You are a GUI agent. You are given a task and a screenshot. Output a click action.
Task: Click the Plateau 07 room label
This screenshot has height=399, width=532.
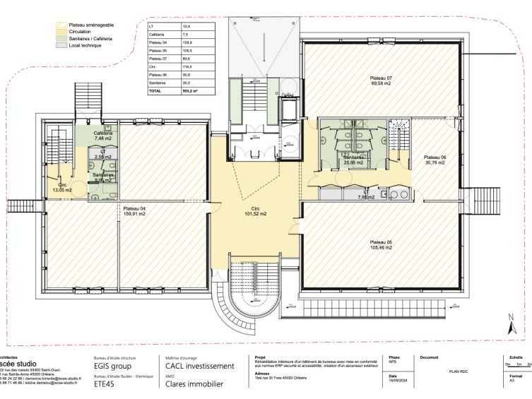coord(380,78)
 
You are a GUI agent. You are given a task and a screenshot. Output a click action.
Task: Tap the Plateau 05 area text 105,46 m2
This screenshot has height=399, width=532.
coord(380,247)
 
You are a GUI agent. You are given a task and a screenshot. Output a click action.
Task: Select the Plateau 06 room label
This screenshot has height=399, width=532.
coord(435,157)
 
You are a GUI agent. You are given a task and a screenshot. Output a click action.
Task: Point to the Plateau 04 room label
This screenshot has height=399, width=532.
coord(134,208)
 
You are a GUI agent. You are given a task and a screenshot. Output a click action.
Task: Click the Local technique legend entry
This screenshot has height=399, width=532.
coord(85,45)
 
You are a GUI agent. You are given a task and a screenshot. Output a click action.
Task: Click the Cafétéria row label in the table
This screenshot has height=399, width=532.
coord(157,34)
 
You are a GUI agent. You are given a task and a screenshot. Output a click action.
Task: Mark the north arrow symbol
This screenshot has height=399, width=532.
coord(514,326)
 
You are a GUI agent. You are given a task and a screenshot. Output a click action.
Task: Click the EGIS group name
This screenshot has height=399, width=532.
coord(113,367)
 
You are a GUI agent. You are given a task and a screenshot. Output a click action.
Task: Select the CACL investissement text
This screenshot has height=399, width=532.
coord(199,366)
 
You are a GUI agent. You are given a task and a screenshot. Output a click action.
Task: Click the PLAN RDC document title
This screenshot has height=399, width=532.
coord(459,371)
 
